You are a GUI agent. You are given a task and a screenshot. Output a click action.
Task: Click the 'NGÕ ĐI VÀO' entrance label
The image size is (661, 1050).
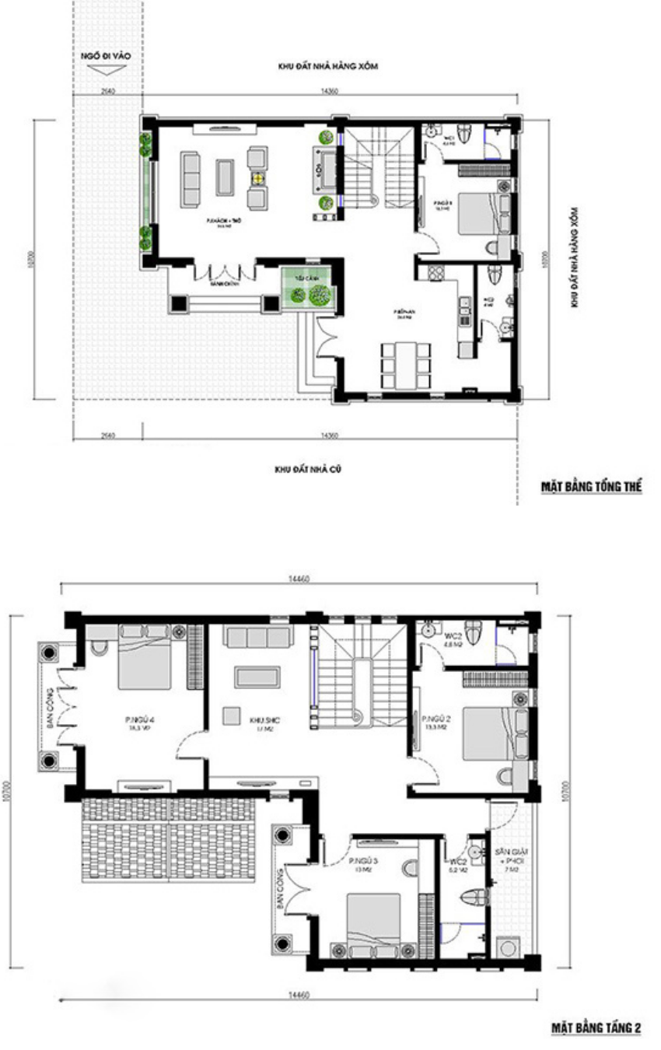point(103,57)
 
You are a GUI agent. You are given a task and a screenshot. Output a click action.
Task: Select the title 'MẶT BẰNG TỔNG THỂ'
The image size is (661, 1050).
point(591,487)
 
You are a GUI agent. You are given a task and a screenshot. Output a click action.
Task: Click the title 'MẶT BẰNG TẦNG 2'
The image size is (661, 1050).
point(596,1028)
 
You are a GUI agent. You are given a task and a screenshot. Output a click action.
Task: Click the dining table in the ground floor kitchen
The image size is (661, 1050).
point(405,364)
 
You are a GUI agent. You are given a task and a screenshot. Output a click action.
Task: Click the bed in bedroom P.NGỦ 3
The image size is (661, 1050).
point(373,922)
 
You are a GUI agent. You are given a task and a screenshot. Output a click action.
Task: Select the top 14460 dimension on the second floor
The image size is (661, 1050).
point(299,579)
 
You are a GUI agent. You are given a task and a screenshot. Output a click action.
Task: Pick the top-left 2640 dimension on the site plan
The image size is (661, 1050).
point(108,91)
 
